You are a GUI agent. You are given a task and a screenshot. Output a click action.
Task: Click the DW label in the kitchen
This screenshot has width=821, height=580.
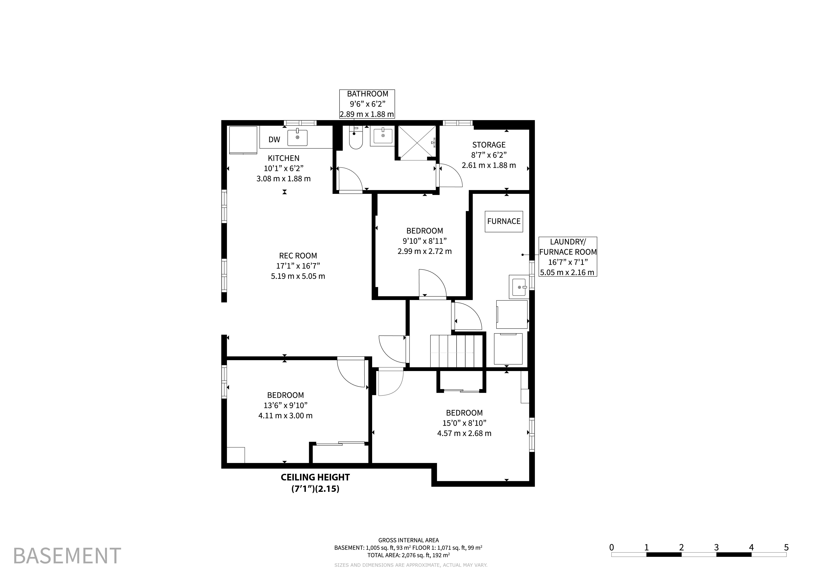(x=274, y=140)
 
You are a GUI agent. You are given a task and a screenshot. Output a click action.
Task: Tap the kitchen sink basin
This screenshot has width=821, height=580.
(x=297, y=137)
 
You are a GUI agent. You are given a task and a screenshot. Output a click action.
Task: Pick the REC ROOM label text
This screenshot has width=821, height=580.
(x=298, y=256)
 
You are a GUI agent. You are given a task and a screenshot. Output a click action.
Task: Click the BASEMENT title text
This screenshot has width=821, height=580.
(x=67, y=556)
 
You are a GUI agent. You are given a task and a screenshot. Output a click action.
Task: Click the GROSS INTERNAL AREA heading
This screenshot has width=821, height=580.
(x=408, y=540)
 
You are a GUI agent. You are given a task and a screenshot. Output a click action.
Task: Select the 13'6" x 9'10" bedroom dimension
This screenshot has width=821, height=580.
(x=285, y=405)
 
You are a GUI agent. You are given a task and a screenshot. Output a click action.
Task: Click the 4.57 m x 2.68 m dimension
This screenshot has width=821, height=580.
(x=464, y=434)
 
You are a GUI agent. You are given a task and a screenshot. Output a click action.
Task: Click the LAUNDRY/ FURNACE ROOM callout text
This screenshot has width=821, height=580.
(x=568, y=247)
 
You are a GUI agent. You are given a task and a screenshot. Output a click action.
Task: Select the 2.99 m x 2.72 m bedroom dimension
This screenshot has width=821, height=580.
(x=424, y=251)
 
